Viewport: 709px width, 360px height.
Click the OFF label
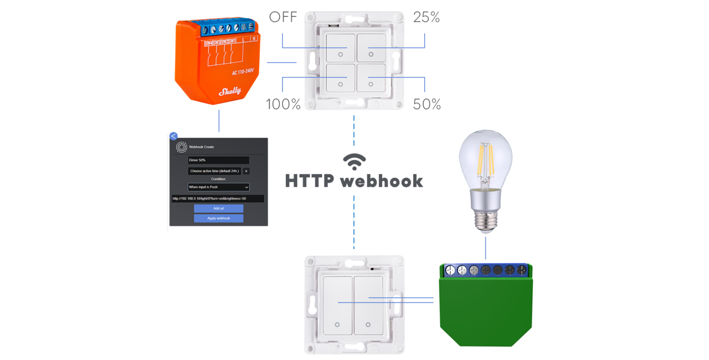pos(283,17)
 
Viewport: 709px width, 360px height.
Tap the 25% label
pos(427,18)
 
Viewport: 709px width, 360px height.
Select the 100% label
pos(283,104)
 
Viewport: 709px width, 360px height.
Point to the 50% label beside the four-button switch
pos(427,104)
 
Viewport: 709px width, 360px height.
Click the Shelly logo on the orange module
pos(230,91)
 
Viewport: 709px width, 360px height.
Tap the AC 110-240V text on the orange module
pos(243,72)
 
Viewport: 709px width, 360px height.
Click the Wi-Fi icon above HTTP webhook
pos(354,162)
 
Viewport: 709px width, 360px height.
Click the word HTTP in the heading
pos(310,181)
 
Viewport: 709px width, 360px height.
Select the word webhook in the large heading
pos(382,181)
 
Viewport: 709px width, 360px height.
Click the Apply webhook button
pos(218,218)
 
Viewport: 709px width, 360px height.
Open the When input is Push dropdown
pos(218,187)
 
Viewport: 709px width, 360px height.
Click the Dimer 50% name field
pos(218,160)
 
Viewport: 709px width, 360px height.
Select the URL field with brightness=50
pos(217,198)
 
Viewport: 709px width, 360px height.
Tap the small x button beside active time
pos(246,171)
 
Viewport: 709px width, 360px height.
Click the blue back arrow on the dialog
pos(173,136)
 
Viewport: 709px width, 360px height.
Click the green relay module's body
pos(486,310)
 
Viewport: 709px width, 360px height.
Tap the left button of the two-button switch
pos(337,305)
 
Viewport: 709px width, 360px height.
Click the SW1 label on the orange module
pos(233,42)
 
